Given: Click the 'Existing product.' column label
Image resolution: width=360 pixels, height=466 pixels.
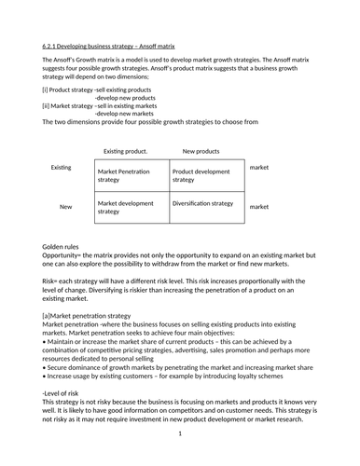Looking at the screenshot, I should tap(125, 150).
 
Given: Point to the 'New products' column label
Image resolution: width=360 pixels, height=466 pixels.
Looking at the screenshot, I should tap(201, 150).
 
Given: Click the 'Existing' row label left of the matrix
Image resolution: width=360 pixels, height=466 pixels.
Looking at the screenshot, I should tap(61, 168).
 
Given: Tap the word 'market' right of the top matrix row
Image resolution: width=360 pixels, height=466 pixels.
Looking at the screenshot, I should tap(259, 168).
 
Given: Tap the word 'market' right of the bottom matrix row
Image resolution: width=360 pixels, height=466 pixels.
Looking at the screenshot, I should tap(259, 207).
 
